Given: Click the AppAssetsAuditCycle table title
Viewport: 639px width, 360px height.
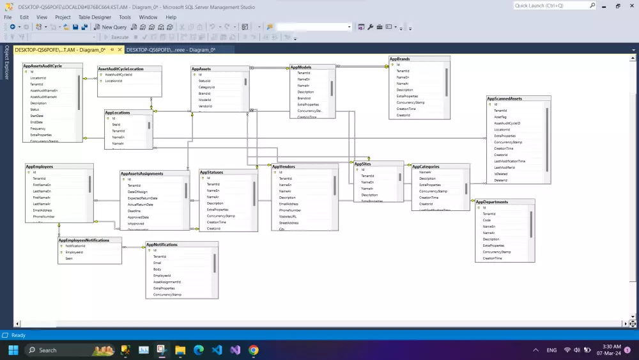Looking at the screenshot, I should point(43,65).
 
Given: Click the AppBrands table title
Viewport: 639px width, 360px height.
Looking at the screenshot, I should point(400,59).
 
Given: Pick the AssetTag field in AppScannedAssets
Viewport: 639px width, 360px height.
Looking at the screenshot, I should point(500,117).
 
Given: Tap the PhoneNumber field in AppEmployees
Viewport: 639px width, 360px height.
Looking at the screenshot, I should point(43,217).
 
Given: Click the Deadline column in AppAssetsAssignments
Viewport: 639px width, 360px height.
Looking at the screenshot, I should point(134,211).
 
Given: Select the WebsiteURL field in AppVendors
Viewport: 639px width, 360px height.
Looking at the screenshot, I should point(289,217).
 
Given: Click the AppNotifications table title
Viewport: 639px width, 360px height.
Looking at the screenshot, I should point(162,244).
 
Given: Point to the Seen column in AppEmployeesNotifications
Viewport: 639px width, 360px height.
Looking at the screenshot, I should point(69,258).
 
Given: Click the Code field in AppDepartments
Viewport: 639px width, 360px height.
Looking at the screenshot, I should point(487,220).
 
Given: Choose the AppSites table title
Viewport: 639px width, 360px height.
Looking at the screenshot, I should point(362,164).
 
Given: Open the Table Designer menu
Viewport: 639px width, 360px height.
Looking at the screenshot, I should point(95,17).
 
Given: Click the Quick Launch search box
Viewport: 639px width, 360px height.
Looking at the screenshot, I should point(551,5).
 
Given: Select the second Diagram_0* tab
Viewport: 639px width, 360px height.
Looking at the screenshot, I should point(171,50).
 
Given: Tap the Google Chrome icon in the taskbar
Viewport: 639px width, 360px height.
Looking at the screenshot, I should point(254,350).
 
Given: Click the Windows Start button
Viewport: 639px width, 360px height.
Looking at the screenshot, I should point(13,350).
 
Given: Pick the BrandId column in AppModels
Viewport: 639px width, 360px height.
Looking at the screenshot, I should point(304,98).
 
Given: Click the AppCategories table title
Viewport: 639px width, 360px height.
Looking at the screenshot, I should point(426,167).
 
